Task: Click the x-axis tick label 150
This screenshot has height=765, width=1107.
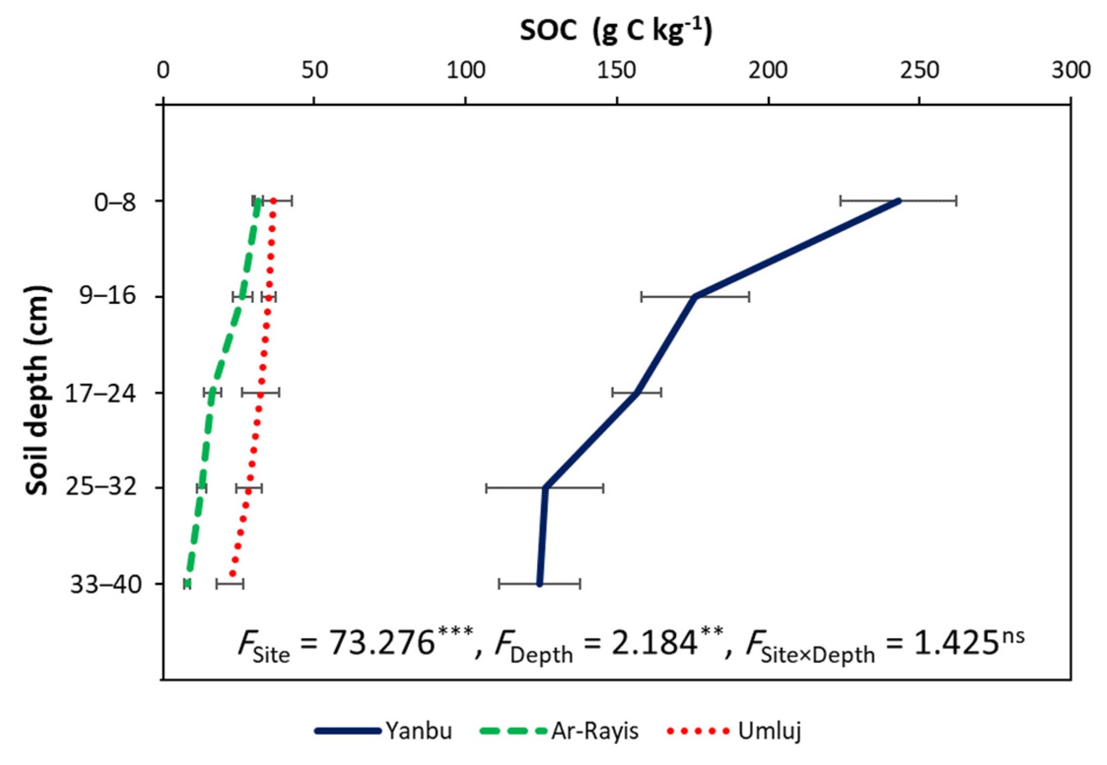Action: click(617, 71)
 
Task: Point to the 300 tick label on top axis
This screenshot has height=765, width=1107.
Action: click(1070, 71)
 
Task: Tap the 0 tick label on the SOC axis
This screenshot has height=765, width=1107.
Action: click(163, 71)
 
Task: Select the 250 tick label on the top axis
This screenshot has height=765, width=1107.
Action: click(919, 71)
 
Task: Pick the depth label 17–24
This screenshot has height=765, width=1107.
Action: click(100, 394)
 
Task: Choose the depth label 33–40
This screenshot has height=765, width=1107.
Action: click(106, 585)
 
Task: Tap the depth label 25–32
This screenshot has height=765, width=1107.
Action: click(101, 488)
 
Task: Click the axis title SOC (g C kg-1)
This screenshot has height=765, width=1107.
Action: click(616, 31)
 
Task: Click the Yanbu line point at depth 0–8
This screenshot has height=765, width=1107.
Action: click(899, 201)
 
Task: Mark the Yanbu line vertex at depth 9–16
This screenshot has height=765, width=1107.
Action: click(695, 297)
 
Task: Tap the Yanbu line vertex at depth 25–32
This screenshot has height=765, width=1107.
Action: click(545, 488)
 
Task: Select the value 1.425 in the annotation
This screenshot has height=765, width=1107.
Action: click(956, 643)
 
